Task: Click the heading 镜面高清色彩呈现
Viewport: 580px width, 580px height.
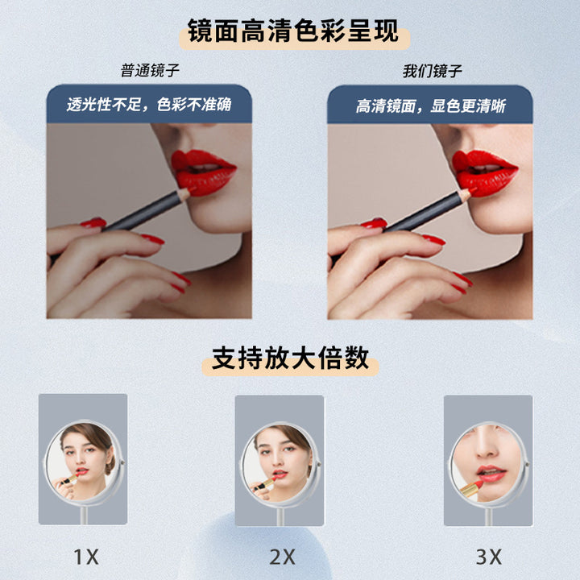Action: [x=293, y=31]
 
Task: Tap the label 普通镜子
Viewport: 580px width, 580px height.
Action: [x=150, y=70]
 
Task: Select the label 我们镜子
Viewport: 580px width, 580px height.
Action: [x=433, y=71]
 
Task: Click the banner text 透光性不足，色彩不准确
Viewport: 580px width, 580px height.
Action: [x=149, y=105]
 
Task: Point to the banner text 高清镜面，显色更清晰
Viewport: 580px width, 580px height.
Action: [x=430, y=106]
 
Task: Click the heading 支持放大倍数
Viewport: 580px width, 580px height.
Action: [x=290, y=358]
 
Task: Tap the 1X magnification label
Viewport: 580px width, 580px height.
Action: [x=86, y=557]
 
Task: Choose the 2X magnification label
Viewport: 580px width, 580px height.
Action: [x=282, y=557]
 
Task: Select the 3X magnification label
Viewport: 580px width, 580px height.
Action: [x=489, y=557]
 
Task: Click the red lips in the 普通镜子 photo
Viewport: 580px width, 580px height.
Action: [x=203, y=172]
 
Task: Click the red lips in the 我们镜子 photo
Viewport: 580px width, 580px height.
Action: [x=484, y=172]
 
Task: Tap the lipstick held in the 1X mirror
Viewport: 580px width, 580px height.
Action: [x=70, y=479]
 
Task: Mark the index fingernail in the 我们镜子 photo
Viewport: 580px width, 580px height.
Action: [x=374, y=222]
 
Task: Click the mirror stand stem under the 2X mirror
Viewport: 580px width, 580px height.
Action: [x=280, y=516]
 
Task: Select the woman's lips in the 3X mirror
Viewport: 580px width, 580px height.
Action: [x=491, y=474]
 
